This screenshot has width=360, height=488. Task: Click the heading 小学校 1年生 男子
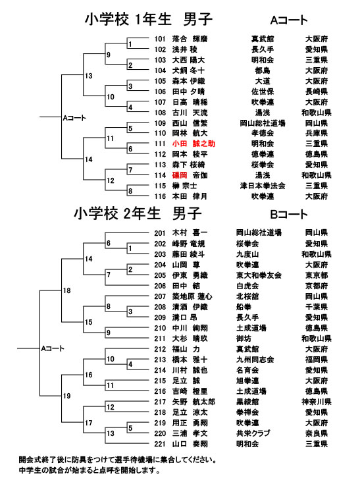coord(149,19)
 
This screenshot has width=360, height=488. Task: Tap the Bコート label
coord(289,215)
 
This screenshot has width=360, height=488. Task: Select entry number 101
coord(160,40)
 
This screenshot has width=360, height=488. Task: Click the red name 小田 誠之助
coord(193,144)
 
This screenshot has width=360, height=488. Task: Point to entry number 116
coord(160,196)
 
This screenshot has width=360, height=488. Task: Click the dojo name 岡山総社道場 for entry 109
coord(263,123)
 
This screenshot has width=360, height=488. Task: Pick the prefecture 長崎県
coord(317,92)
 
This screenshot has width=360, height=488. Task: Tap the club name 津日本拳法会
coord(263,186)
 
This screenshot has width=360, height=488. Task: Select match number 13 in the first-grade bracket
coord(89,76)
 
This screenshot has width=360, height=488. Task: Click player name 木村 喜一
coord(190,232)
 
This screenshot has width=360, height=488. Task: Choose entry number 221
coord(160,444)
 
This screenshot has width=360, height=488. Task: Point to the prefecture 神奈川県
coord(317,402)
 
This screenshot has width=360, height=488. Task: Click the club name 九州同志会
coord(255,360)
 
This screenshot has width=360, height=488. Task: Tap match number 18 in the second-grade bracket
coord(67,290)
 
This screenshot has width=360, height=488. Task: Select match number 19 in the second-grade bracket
coord(67,396)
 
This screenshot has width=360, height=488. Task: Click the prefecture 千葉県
coord(317,307)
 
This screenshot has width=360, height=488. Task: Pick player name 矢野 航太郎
coord(193,402)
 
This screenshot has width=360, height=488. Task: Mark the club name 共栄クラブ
coord(253,433)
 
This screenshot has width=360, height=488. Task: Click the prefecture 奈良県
coord(317,433)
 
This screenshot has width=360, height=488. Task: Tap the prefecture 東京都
coord(317,275)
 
